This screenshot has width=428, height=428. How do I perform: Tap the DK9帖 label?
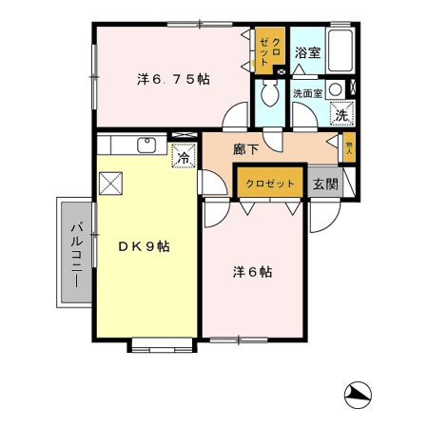click(144, 246)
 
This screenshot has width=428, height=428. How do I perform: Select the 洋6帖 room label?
click(253, 272)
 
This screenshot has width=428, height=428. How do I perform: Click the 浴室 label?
click(306, 54)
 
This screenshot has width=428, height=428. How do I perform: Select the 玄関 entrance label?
click(325, 184)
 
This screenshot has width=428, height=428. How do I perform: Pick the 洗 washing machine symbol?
click(340, 113)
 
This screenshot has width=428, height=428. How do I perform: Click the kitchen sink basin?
click(146, 145)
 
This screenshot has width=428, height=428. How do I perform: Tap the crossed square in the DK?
click(109, 182)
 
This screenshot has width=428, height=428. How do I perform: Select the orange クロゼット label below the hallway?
click(270, 184)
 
